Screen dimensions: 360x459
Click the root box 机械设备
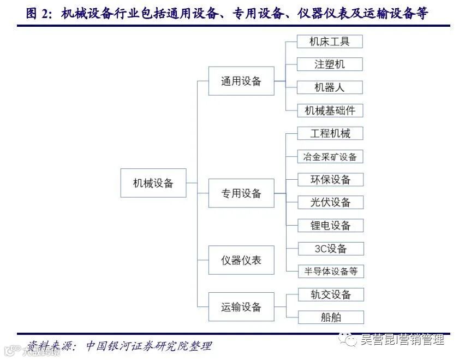153,183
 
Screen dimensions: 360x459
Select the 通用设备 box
241,81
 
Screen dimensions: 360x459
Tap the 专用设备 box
241,193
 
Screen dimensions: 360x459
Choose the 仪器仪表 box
241,260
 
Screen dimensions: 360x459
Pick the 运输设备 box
241,307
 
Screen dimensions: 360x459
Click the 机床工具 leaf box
330,41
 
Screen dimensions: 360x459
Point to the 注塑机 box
330,64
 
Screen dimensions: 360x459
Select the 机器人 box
330,87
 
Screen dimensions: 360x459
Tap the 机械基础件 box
330,110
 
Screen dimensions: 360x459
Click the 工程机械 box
330,133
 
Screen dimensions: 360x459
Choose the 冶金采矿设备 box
330,157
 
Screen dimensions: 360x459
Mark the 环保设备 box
330,180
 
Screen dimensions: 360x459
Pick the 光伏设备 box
330,203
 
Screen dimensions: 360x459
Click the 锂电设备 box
330,226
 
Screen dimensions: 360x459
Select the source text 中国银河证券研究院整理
148,346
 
